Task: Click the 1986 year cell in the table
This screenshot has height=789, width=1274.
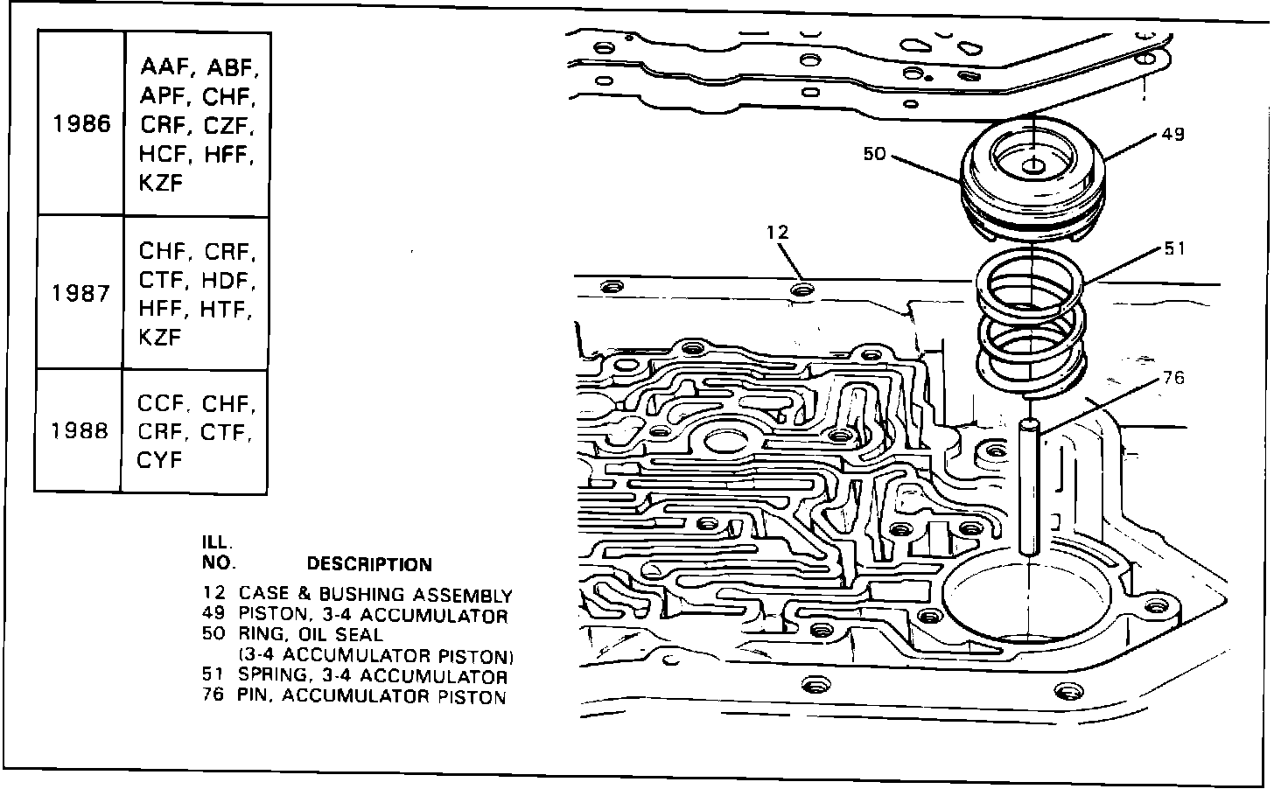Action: coord(81,124)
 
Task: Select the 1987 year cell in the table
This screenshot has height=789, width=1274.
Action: coord(80,293)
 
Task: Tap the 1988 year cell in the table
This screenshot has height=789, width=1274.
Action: coord(79,431)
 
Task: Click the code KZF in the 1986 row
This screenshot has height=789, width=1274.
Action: coord(160,183)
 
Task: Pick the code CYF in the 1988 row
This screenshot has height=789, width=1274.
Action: coord(158,459)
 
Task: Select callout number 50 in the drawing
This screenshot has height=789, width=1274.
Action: coord(874,154)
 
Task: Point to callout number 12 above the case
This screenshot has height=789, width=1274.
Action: coord(777,232)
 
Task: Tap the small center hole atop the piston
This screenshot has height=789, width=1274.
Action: coord(1033,167)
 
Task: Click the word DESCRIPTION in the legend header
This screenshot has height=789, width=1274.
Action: coord(369,565)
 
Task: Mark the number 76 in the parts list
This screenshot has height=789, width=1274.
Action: coord(213,697)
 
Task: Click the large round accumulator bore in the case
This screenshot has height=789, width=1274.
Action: coord(1031,604)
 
